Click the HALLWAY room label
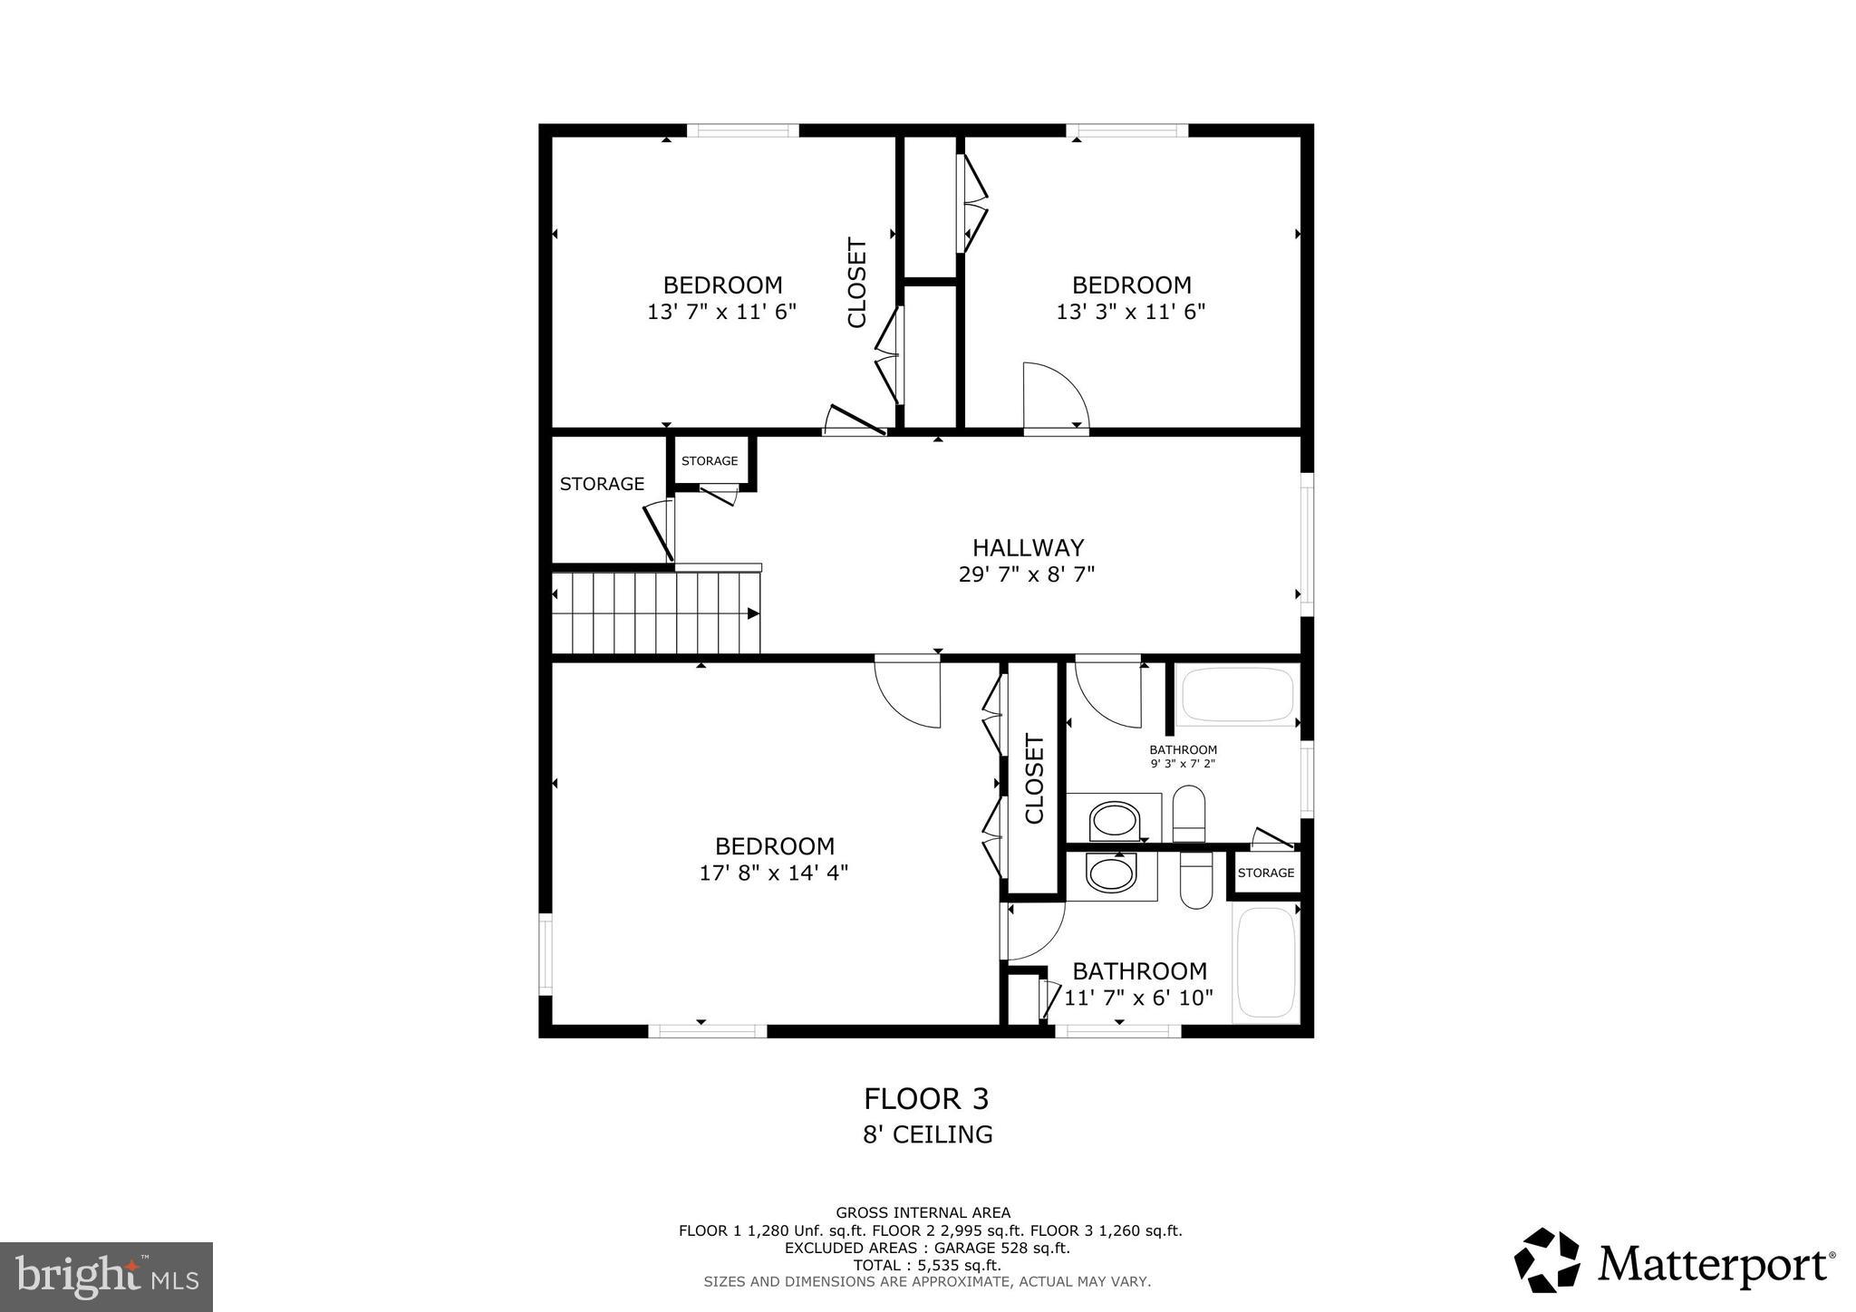click(x=1028, y=547)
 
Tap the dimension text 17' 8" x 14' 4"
click(x=773, y=873)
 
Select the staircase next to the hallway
click(x=656, y=613)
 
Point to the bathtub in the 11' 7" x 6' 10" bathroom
click(x=1265, y=964)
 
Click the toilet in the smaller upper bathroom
click(x=1189, y=813)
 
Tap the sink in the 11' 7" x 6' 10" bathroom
click(x=1111, y=875)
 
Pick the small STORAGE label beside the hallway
click(x=710, y=461)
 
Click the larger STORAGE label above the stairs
click(x=602, y=484)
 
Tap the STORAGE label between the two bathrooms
click(x=1265, y=873)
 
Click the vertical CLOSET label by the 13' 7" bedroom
click(x=856, y=283)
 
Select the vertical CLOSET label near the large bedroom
click(x=1034, y=778)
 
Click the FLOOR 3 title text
click(x=925, y=1098)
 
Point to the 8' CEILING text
click(x=927, y=1134)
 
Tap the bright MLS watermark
click(x=107, y=1277)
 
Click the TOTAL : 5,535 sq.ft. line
click(x=926, y=1265)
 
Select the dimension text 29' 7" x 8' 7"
click(x=1027, y=574)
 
